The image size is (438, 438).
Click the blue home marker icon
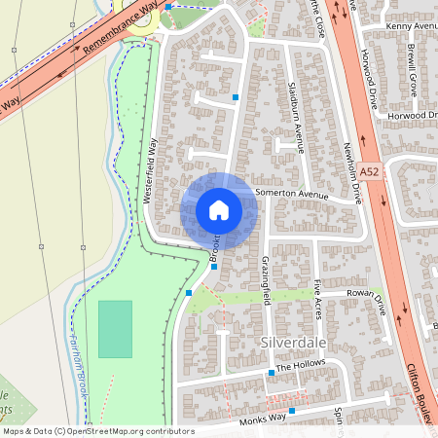[219, 210]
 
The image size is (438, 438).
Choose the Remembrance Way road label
[121, 40]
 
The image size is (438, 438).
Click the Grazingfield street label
[265, 279]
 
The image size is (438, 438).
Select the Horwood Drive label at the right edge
[414, 116]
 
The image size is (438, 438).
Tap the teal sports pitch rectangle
[115, 329]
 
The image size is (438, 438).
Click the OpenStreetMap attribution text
[97, 431]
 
